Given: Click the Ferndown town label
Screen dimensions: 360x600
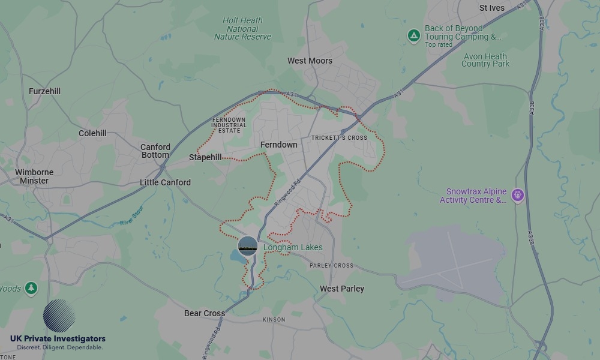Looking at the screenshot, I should pos(278,145).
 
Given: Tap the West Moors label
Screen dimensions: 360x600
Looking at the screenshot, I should pos(310,61).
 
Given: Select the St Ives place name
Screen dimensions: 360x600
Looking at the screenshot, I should pos(492,8).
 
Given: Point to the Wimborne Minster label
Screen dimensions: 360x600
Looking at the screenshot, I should pos(34,176).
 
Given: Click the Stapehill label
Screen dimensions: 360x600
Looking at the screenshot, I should pos(205,157).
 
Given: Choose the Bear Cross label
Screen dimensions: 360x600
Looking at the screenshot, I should pos(205,313).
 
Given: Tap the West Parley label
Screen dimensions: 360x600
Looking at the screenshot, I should pos(342,289).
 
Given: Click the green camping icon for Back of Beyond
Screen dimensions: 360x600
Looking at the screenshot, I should pos(413,36).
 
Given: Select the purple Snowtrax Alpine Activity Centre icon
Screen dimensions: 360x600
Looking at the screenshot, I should pos(518,195).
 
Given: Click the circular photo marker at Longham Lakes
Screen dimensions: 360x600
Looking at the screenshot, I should pos(248,246).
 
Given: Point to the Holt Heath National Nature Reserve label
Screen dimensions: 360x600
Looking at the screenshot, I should pos(243,29).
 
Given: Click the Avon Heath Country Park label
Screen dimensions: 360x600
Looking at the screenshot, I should pos(485,60).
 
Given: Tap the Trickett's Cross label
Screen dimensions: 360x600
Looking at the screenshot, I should pos(339,138).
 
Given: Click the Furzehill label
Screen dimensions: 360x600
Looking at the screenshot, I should pos(45,91).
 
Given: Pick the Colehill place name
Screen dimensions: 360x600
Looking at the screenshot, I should pos(92,133).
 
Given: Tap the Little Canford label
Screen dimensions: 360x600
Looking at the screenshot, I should pos(165,182).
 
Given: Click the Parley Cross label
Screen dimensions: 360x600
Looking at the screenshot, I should pos(331,265).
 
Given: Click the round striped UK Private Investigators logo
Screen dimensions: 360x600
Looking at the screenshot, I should pos(59,316).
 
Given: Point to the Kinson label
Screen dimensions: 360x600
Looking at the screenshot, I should pos(274,320).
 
